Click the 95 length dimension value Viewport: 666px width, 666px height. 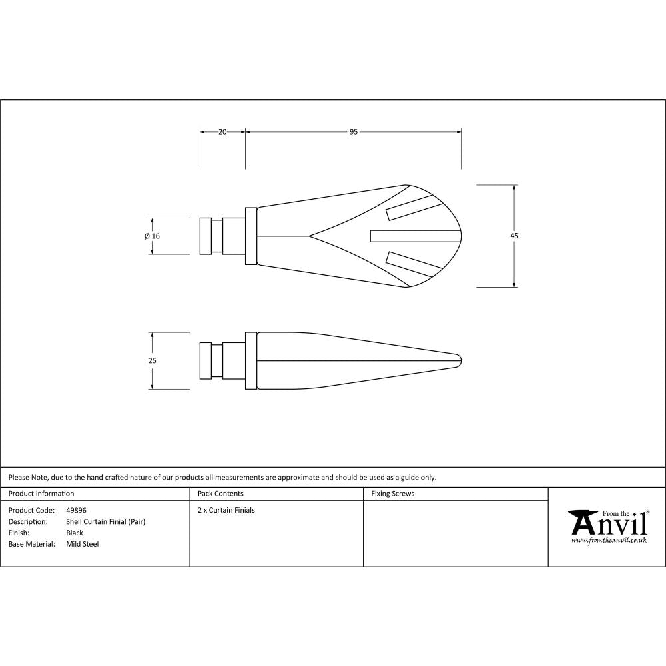354,132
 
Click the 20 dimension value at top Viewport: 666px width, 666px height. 222,132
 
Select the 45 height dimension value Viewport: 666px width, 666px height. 515,236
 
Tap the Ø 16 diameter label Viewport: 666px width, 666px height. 152,236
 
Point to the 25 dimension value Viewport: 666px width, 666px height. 152,360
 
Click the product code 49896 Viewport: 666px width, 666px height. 76,511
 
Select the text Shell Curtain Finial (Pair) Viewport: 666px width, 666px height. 105,522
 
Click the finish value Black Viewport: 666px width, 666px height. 75,533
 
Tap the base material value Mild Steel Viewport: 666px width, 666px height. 82,544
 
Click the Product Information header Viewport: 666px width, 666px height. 41,494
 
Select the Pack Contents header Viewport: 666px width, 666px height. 220,494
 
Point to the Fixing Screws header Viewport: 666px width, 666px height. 392,494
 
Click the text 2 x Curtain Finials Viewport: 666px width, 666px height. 226,511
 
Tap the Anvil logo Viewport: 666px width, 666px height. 608,523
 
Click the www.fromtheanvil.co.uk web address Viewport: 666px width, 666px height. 609,541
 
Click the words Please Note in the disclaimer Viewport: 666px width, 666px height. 27,477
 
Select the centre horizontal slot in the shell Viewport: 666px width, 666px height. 415,236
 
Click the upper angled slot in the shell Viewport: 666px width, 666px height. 413,207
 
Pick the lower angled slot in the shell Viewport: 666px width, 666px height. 413,265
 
